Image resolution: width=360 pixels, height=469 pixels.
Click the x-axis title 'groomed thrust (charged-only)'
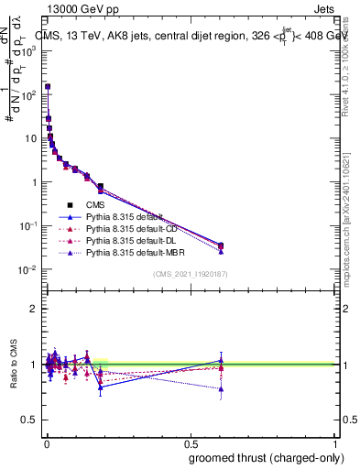[x=265, y=457]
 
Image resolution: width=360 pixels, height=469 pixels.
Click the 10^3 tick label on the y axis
[x=28, y=51]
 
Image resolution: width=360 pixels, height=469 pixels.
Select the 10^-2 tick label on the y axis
[x=28, y=269]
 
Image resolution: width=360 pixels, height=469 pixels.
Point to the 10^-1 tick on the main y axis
[x=28, y=226]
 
